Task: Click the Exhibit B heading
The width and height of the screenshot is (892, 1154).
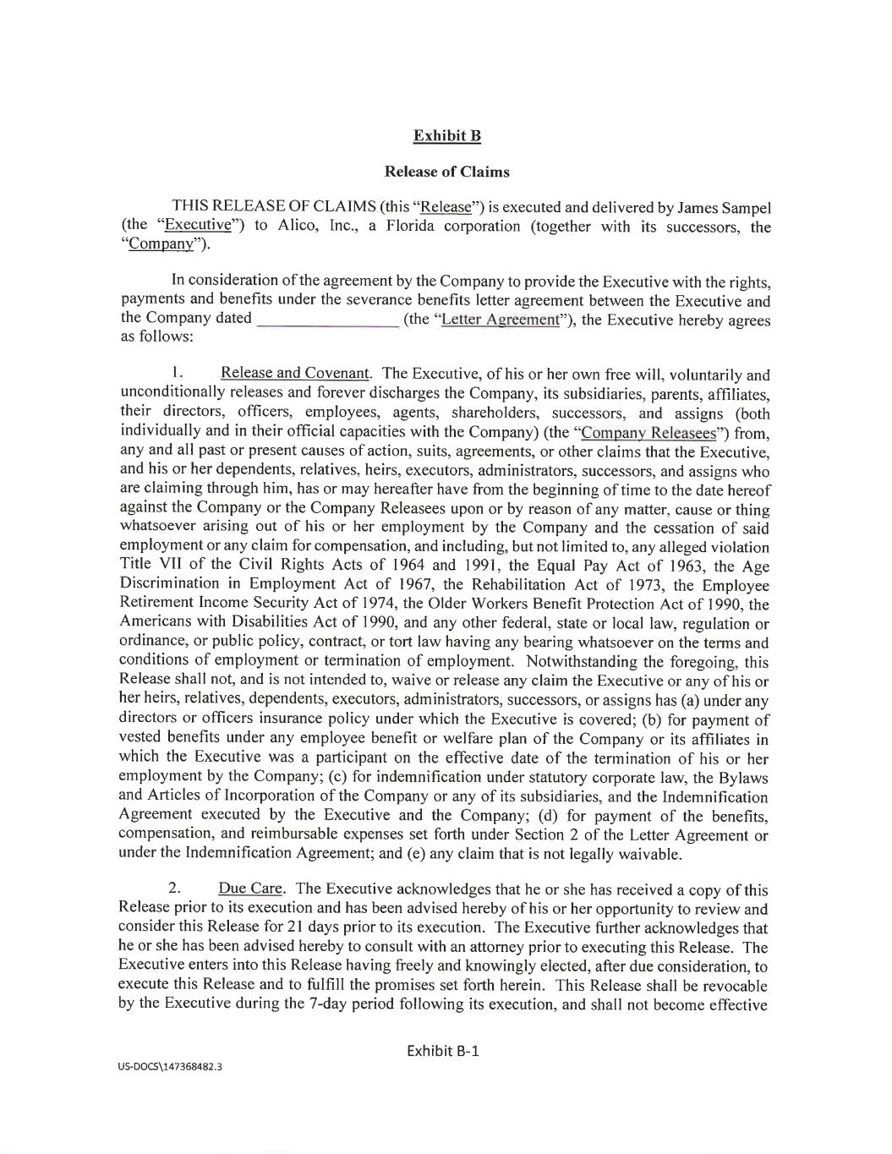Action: point(446,136)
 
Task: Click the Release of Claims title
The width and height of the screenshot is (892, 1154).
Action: point(446,172)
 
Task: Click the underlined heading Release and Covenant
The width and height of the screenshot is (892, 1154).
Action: point(294,374)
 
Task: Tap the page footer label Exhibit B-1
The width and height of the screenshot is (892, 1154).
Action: point(443,1051)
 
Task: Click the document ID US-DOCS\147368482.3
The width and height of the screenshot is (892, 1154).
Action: point(170,1067)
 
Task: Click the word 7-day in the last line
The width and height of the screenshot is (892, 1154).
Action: point(335,1004)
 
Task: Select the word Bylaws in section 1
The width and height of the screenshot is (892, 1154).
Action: point(743,778)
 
